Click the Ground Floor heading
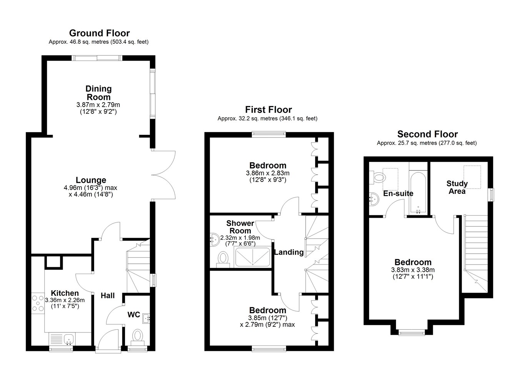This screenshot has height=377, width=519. pos(100,33)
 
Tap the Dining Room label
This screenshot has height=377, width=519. pos(98,93)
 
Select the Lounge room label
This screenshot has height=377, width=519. pos(91,180)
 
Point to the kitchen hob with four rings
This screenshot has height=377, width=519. pos(38,303)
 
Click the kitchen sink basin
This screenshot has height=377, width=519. pos(69,339)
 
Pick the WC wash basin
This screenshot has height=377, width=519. pos(146,318)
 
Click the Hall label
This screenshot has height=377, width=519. pos(108,296)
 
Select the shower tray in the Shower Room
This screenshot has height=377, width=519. pos(253,257)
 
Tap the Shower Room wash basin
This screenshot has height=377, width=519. pos(215,240)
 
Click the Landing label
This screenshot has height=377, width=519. pos(289,252)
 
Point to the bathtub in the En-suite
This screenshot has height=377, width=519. pos(418,192)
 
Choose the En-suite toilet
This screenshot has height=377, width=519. pos(377,178)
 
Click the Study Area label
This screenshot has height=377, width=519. pos(457,187)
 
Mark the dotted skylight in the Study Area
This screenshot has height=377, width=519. pos(472,177)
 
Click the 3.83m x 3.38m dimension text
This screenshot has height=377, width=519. pos(413,270)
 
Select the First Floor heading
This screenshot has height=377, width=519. pos(269,109)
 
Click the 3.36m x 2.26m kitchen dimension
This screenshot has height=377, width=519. pos(65,300)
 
